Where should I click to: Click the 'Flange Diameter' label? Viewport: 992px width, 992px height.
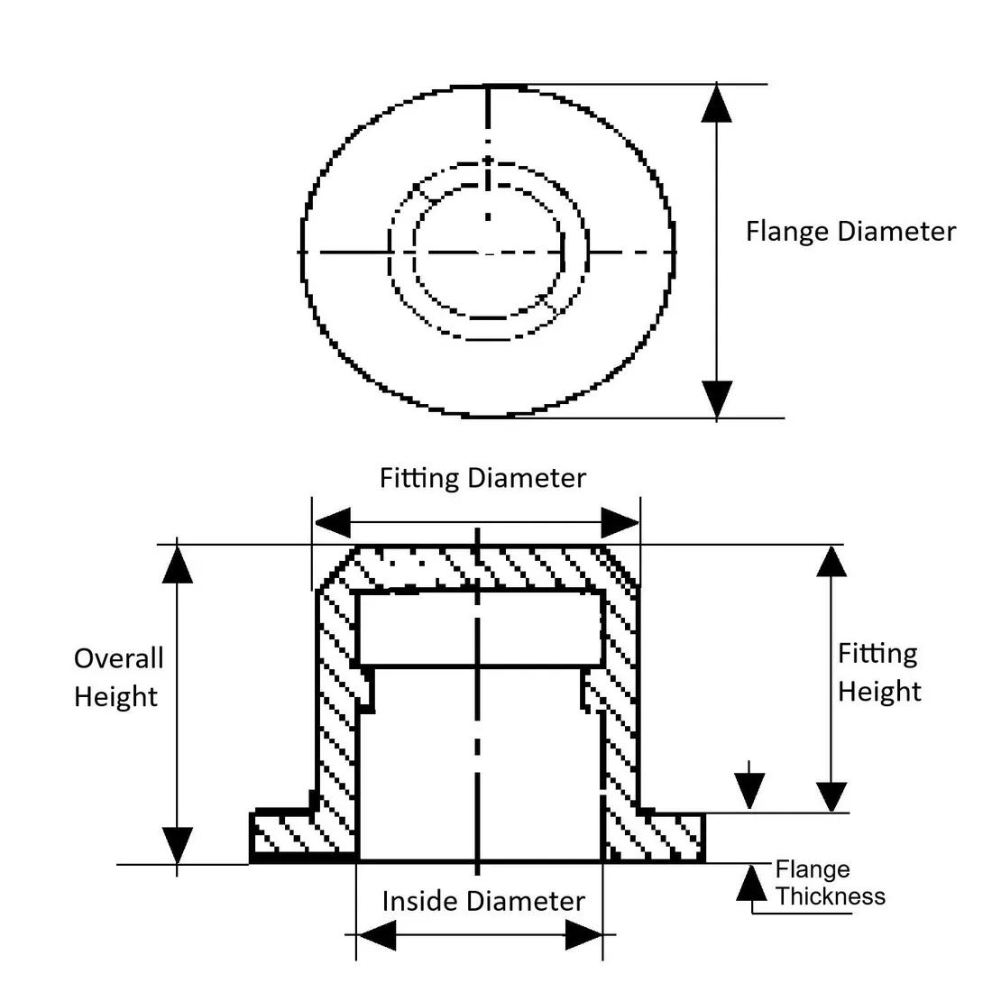coord(850,232)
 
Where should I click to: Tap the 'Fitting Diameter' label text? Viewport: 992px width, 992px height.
coord(482,478)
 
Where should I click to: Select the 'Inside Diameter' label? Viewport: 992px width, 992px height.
coord(482,901)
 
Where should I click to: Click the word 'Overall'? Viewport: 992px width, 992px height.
coord(118,658)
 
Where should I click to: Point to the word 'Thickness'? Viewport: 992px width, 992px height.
coord(831,896)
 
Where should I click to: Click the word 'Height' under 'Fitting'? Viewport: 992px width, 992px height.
coord(879,692)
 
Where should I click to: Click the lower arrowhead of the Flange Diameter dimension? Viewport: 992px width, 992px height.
coord(717,398)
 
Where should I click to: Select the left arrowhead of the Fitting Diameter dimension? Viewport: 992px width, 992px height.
coord(331,523)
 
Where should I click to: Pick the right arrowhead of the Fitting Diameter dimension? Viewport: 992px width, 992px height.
coord(620,523)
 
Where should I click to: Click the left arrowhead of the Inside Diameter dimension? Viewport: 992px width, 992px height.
coord(376,938)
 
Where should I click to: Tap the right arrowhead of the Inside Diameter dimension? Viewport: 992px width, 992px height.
coord(583,938)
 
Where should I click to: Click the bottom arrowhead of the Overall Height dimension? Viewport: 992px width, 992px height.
coord(178,844)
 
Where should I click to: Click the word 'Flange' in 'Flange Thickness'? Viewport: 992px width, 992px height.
coord(813,869)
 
